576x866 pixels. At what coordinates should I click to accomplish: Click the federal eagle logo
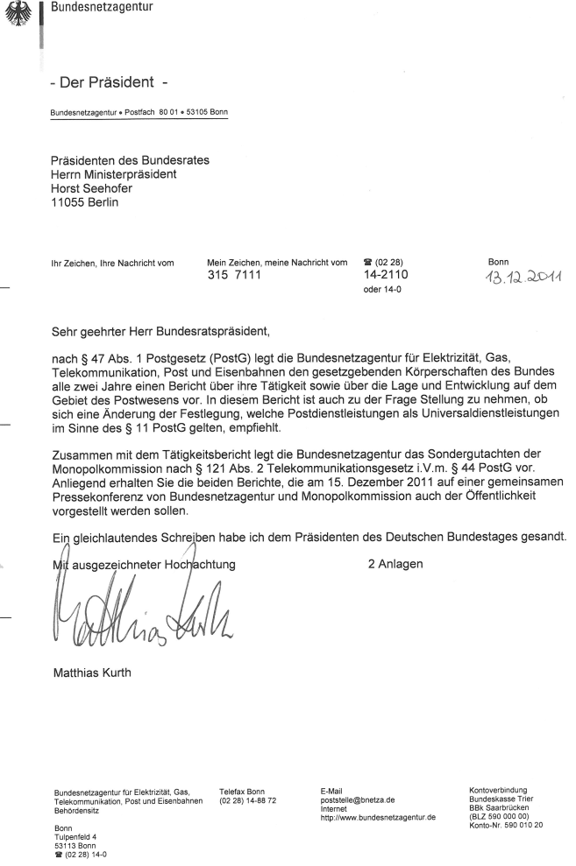point(15,15)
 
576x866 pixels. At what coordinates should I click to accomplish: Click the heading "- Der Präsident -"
point(111,84)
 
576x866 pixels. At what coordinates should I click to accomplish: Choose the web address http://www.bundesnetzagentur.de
point(379,817)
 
